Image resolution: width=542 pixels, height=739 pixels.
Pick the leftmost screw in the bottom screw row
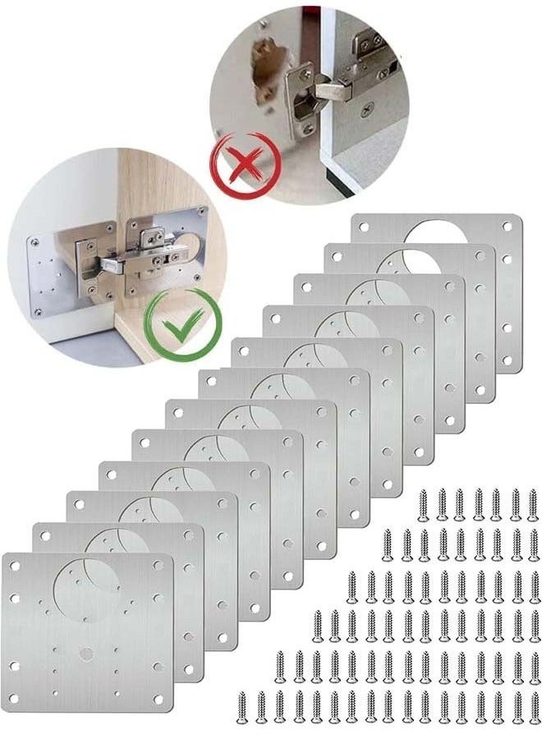243,706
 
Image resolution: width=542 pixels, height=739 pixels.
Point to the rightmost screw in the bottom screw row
535,706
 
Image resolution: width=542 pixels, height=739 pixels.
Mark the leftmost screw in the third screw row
351,585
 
